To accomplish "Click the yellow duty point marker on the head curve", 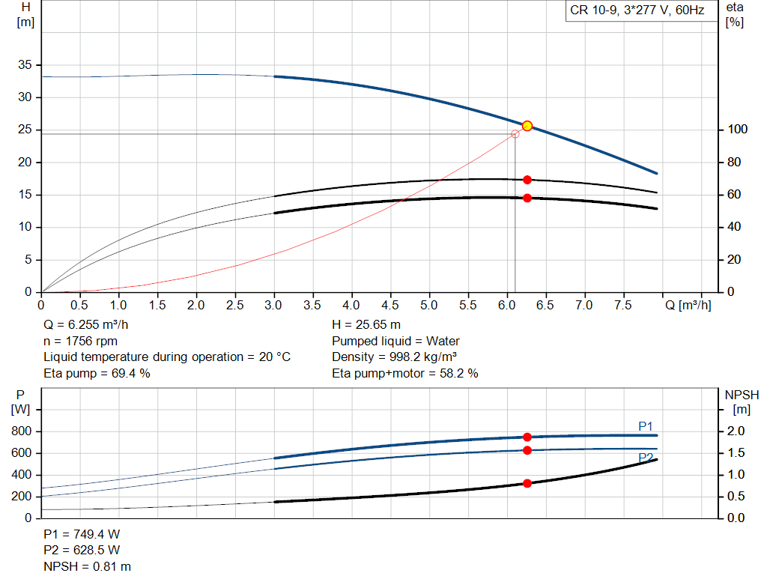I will (x=527, y=126).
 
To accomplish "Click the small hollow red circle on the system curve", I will (x=515, y=134).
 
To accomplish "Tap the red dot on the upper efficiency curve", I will (x=527, y=180).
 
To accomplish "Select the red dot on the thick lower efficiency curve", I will (x=527, y=198).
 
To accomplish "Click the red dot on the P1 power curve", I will (x=527, y=437).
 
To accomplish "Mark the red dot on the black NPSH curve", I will (x=527, y=483).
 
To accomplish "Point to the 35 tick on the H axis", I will (x=25, y=65).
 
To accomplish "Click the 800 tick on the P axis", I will (x=22, y=431).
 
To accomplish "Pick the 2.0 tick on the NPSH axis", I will (x=737, y=431).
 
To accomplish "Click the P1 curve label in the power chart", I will (x=646, y=425).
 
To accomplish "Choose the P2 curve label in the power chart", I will (x=646, y=457).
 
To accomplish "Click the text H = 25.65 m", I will (x=366, y=325).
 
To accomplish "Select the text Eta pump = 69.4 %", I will (x=97, y=373).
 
